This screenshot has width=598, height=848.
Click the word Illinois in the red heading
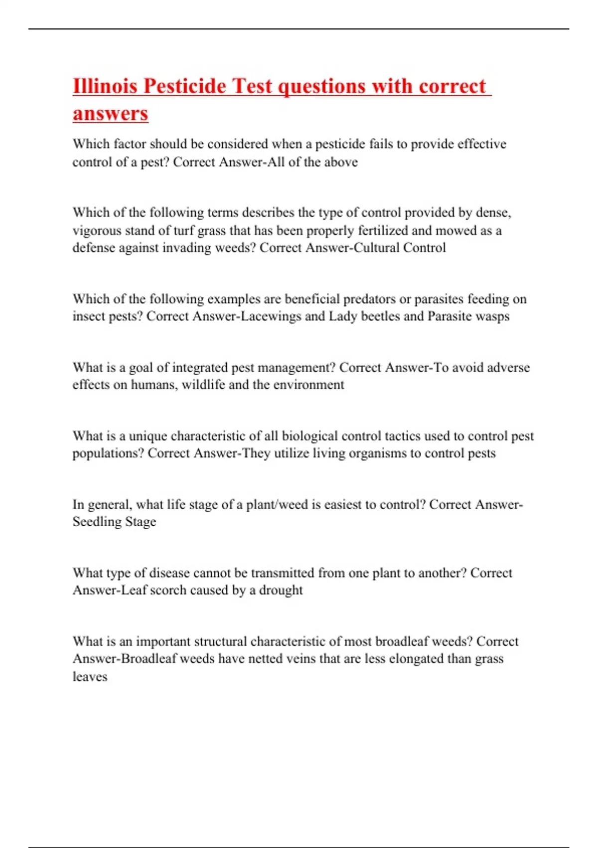click(105, 86)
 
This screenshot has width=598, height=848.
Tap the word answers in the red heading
click(110, 113)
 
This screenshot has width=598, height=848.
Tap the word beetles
click(379, 316)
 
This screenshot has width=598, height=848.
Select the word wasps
click(492, 316)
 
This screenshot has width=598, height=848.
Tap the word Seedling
click(95, 522)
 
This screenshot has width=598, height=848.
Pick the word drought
click(281, 590)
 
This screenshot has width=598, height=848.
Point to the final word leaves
click(90, 677)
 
